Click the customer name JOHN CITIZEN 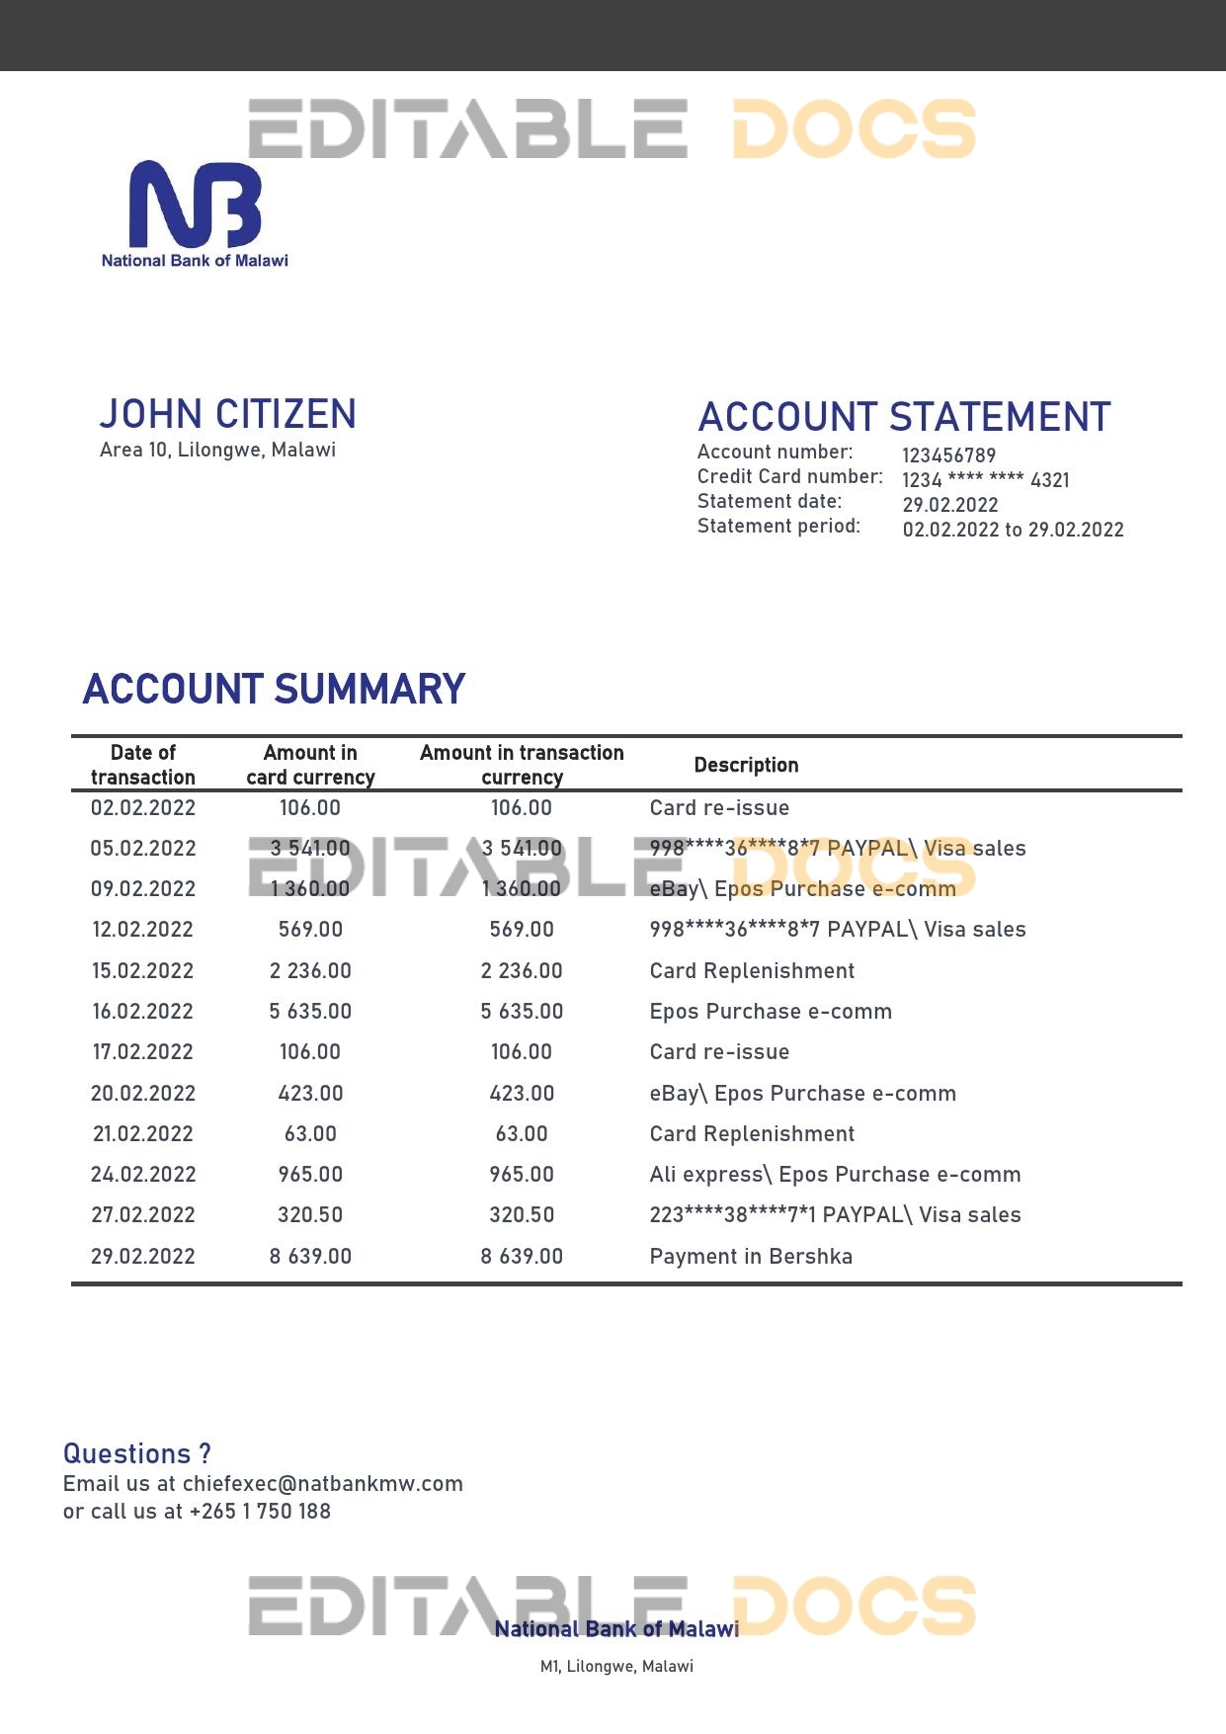(x=227, y=414)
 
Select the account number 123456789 (x=948, y=455)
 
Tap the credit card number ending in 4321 (x=985, y=480)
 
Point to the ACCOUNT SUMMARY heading (x=274, y=689)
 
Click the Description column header (x=746, y=765)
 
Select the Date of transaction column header (x=143, y=765)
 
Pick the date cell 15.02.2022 (x=143, y=970)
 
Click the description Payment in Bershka (x=751, y=1256)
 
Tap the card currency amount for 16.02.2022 (x=310, y=1011)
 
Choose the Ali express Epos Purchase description (x=835, y=1174)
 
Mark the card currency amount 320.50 (x=310, y=1214)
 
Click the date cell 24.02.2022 (x=143, y=1174)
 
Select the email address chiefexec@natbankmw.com (x=322, y=1483)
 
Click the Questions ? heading (x=136, y=1453)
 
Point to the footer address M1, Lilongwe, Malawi (x=616, y=1666)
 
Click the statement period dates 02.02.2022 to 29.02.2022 (x=1013, y=530)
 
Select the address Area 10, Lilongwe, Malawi (x=217, y=450)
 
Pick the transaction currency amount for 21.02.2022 (x=522, y=1133)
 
